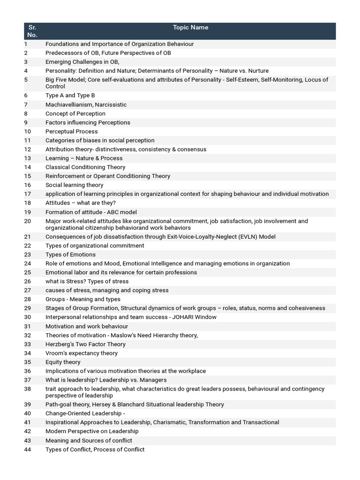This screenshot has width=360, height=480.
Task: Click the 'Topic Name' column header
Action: pos(190,27)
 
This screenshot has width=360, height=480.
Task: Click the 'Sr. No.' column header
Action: pos(32,31)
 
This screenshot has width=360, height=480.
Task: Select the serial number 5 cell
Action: pos(26,80)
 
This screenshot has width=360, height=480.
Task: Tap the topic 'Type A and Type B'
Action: pos(70,96)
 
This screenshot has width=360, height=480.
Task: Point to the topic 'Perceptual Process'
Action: pos(72,131)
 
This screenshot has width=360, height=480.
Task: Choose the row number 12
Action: pos(27,149)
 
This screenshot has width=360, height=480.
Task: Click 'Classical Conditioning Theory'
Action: pos(85,167)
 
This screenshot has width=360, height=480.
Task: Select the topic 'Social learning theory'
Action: pos(75,185)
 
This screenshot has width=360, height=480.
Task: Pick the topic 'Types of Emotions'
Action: pos(70,255)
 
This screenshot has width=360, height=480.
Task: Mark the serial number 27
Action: pos(27,290)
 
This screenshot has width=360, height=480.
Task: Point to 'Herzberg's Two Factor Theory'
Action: pos(85,344)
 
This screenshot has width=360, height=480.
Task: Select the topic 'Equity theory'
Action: pos(63,362)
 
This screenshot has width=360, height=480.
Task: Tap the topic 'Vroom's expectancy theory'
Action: pos(82,353)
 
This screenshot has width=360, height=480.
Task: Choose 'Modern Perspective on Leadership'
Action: pos(92,431)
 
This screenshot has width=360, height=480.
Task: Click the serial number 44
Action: pos(27,450)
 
